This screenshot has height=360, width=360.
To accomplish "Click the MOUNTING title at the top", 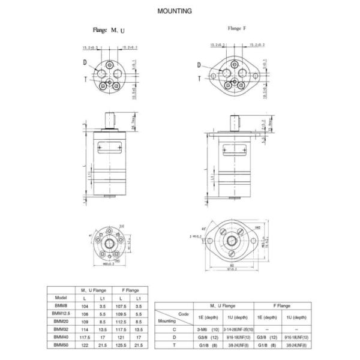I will pyautogui.click(x=174, y=11).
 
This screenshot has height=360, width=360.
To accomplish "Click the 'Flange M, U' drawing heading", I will pyautogui.click(x=110, y=29).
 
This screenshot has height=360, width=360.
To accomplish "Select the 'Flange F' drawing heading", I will pyautogui.click(x=237, y=28).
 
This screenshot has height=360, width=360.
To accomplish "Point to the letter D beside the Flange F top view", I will pyautogui.click(x=199, y=65).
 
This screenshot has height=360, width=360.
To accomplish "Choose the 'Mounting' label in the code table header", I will pyautogui.click(x=167, y=321).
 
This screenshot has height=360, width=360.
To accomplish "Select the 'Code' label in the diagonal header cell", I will pyautogui.click(x=184, y=313).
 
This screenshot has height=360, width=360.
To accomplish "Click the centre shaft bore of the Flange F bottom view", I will pyautogui.click(x=231, y=242).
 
